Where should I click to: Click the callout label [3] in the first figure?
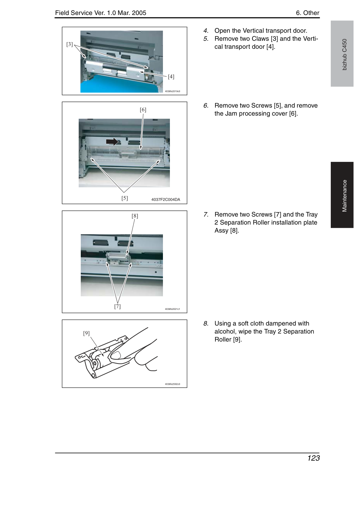coord(70,44)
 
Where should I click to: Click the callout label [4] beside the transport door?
coord(171,77)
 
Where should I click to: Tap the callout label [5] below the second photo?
coord(125,198)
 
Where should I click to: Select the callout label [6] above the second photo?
coord(143,110)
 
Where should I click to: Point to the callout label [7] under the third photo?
coord(117,306)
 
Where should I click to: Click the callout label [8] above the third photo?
coord(135,216)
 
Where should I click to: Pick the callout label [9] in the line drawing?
coord(86,333)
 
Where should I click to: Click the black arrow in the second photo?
coord(112,142)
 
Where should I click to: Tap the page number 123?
coord(313,458)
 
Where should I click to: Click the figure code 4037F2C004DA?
coord(166,199)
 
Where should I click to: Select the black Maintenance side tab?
coord(342,195)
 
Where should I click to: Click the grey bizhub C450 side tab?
coord(342,54)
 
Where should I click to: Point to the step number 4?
coord(206,31)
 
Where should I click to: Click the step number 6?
coord(206,105)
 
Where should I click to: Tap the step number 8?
coord(206,323)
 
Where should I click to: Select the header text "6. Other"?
coord(307,13)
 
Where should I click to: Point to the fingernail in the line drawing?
coord(116,355)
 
